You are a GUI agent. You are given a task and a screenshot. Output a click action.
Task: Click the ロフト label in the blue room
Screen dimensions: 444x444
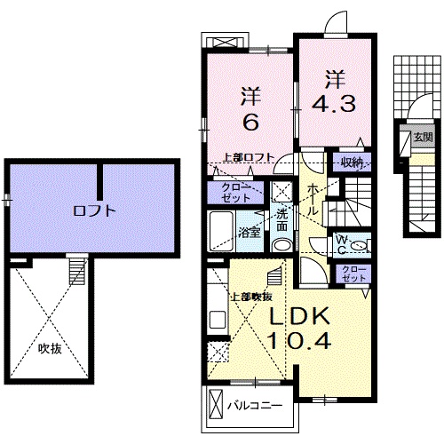click(x=94, y=211)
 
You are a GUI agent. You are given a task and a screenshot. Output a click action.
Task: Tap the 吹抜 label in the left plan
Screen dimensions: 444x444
click(x=50, y=348)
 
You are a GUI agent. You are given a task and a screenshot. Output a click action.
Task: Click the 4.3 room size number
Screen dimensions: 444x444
click(x=334, y=104)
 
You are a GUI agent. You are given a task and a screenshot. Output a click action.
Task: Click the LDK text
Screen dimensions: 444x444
click(x=299, y=315)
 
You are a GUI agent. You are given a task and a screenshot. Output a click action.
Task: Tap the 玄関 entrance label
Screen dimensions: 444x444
click(x=422, y=138)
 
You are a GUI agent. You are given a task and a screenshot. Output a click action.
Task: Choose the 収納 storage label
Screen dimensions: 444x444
click(x=353, y=163)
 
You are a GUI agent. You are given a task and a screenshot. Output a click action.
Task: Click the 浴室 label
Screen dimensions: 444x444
click(x=250, y=234)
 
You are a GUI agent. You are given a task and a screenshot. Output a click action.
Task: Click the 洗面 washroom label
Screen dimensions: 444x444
click(x=281, y=217)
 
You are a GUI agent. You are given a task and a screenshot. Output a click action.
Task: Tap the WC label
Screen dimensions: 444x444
click(x=342, y=243)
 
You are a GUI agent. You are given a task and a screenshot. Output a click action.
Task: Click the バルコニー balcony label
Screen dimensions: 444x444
click(x=255, y=406)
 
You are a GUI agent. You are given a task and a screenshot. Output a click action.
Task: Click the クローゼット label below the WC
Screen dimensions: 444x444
click(x=353, y=274)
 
